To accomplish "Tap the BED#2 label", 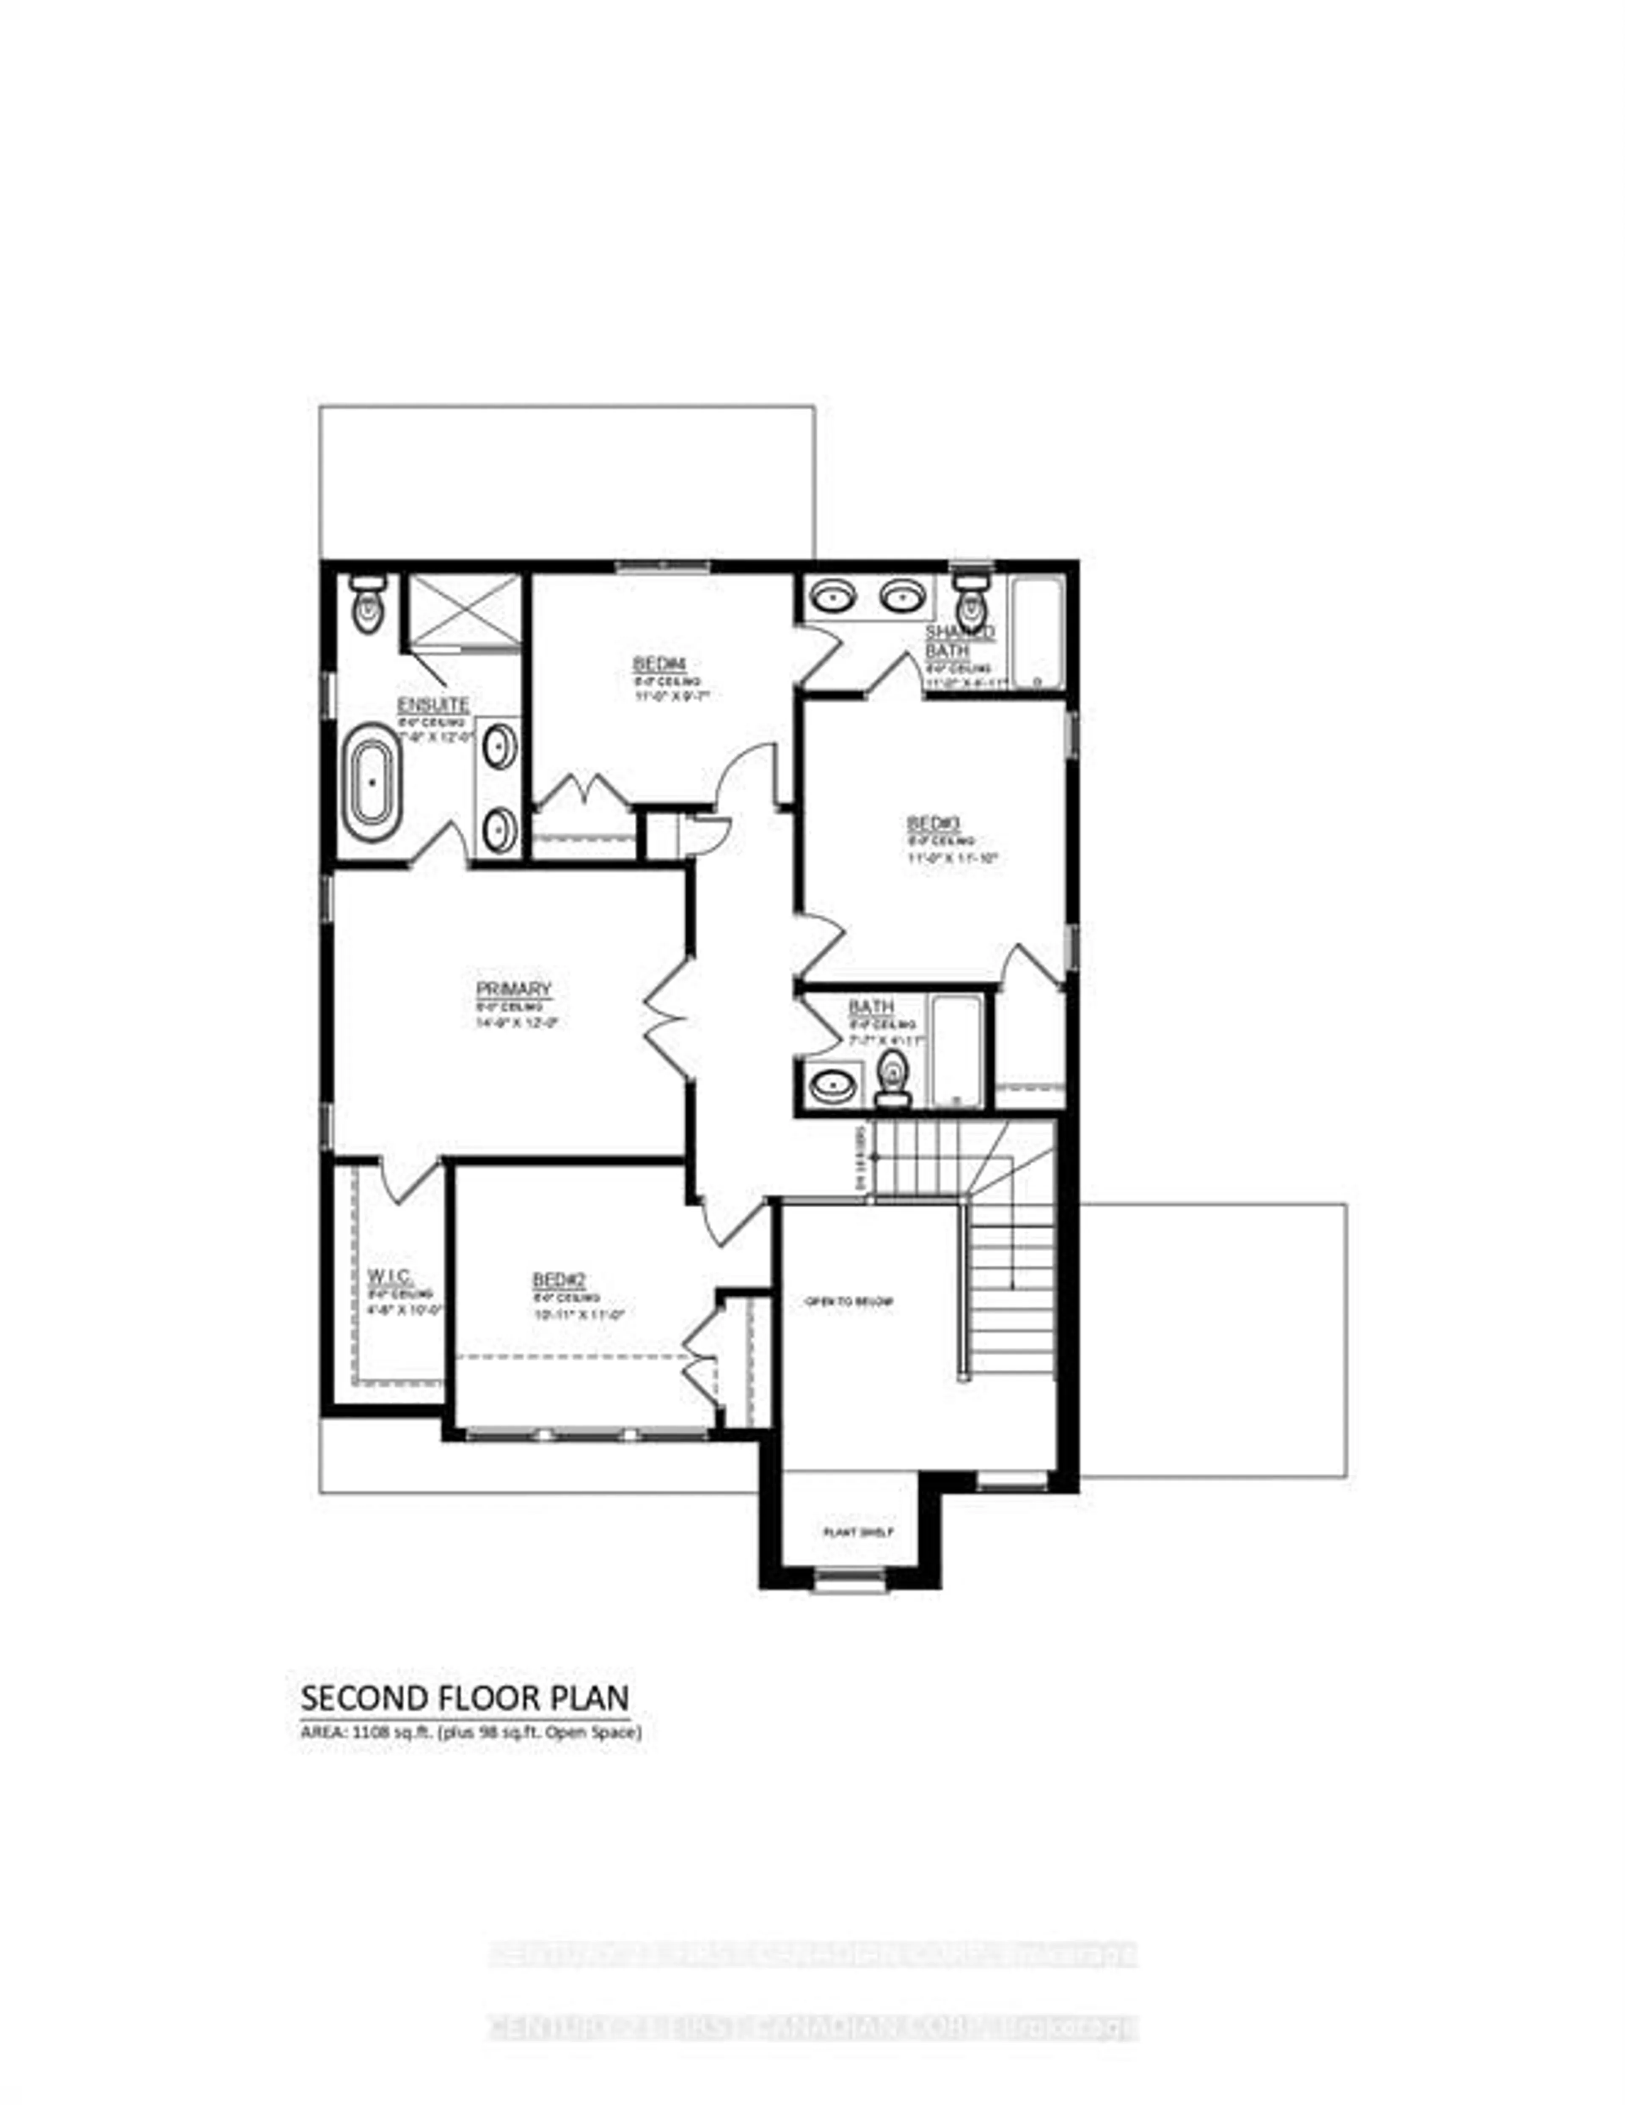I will point(559,1280).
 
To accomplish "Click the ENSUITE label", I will point(433,704).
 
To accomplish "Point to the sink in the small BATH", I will point(833,1084).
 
